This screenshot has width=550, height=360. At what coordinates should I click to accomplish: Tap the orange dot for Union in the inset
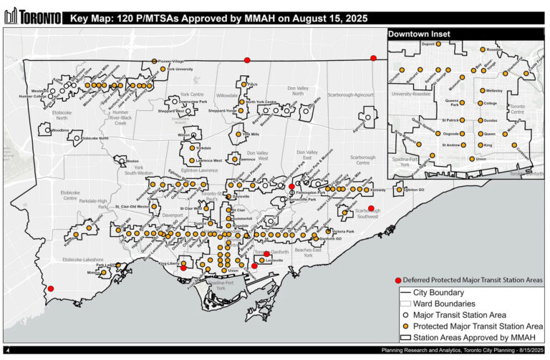point(471,159)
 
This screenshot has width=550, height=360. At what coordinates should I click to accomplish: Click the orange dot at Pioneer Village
point(154,62)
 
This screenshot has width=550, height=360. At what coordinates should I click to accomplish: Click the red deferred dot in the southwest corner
point(50,288)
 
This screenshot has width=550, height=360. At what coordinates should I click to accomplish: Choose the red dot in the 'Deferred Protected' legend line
point(398,280)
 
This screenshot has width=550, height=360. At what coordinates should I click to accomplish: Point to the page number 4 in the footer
point(6,350)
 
